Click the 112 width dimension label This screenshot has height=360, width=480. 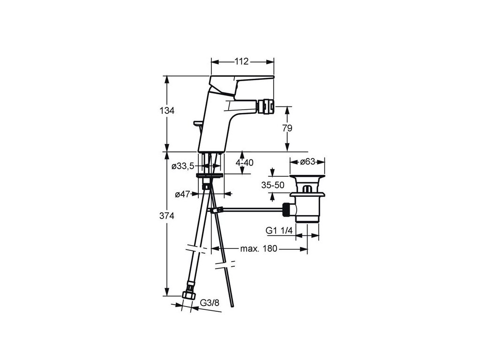click(241, 61)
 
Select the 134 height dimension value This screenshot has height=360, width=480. click(167, 111)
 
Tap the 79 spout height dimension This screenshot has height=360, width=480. click(287, 128)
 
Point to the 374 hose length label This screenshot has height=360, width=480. click(167, 216)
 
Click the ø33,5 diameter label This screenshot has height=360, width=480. click(183, 166)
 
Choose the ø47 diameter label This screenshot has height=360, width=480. click(182, 194)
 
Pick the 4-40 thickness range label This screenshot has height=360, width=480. click(245, 163)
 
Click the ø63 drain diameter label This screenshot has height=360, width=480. click(307, 161)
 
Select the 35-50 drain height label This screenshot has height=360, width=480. click(273, 185)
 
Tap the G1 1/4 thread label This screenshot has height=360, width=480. click(279, 230)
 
